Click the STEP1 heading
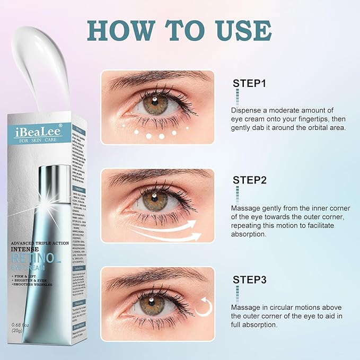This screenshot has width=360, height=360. click(249, 84)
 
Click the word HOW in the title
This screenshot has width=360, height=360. click(121, 31)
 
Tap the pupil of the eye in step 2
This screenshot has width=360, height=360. click(154, 199)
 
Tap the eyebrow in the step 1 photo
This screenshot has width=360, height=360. click(154, 80)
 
